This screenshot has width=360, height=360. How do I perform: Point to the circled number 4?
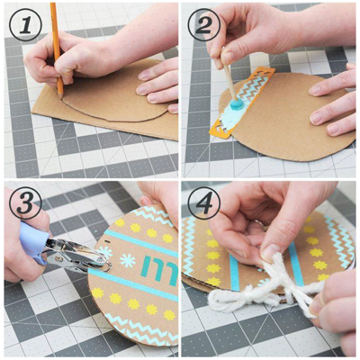tap(203, 204)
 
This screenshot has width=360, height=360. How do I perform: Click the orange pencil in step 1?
tap(56, 45)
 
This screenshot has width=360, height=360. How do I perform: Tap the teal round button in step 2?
tap(236, 105)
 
